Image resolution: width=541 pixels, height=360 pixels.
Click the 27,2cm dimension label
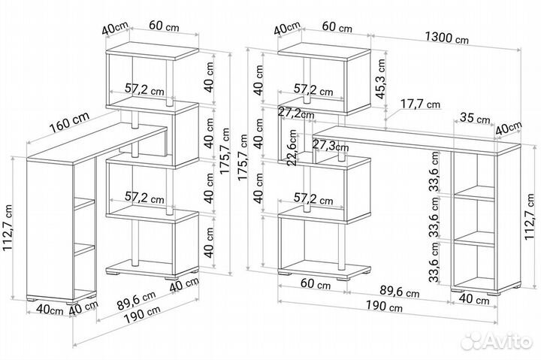[292, 113]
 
